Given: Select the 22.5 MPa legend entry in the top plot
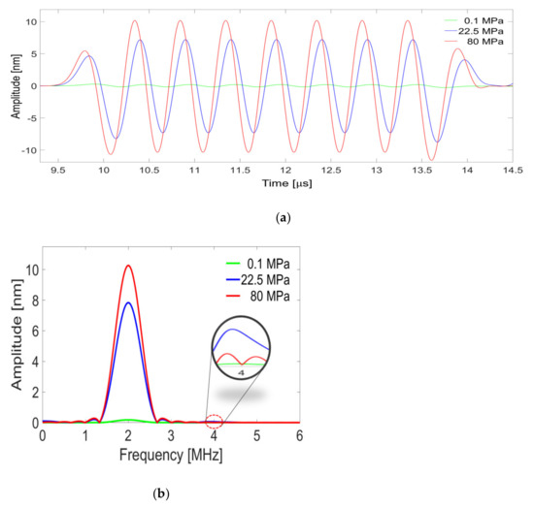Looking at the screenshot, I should tap(480, 33).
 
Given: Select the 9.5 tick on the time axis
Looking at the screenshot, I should tap(58, 170).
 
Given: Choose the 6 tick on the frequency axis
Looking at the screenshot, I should tap(299, 436).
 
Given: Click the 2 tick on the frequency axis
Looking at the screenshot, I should tap(128, 436).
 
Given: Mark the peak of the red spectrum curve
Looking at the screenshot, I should tap(128, 266).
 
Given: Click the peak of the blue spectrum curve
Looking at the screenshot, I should tap(128, 302).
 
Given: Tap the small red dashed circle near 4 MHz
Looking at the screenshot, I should tap(215, 421).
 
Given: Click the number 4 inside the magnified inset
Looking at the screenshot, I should tap(240, 371).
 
